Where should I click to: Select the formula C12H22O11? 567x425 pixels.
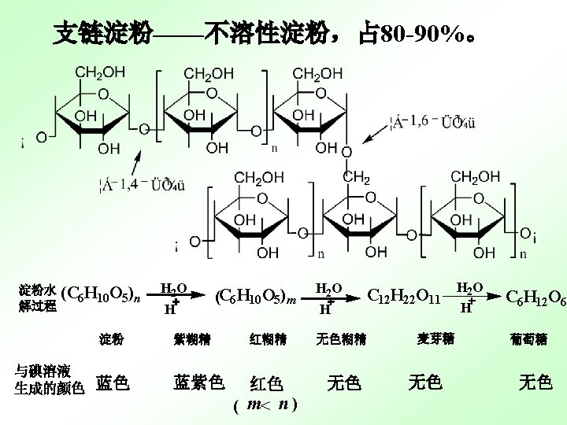[403, 296]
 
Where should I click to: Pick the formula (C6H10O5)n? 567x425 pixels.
[101, 296]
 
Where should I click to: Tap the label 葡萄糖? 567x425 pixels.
[528, 339]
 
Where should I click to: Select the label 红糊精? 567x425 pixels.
[267, 340]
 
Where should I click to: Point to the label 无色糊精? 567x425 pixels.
[340, 340]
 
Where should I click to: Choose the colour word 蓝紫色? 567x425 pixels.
[198, 382]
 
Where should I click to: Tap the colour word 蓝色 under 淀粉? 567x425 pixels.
[113, 383]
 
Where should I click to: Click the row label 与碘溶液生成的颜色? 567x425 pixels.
[49, 379]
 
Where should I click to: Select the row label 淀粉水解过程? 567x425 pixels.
[38, 297]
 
